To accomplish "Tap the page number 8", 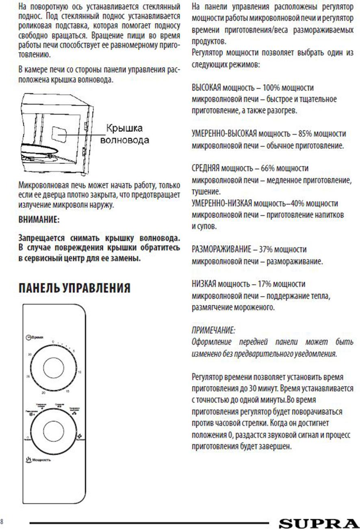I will (2, 521).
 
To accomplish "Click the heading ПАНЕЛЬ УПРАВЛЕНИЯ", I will (74, 288).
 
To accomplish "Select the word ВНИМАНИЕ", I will (39, 219).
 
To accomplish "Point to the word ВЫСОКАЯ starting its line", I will (206, 88).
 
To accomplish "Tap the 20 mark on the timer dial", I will (43, 393).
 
